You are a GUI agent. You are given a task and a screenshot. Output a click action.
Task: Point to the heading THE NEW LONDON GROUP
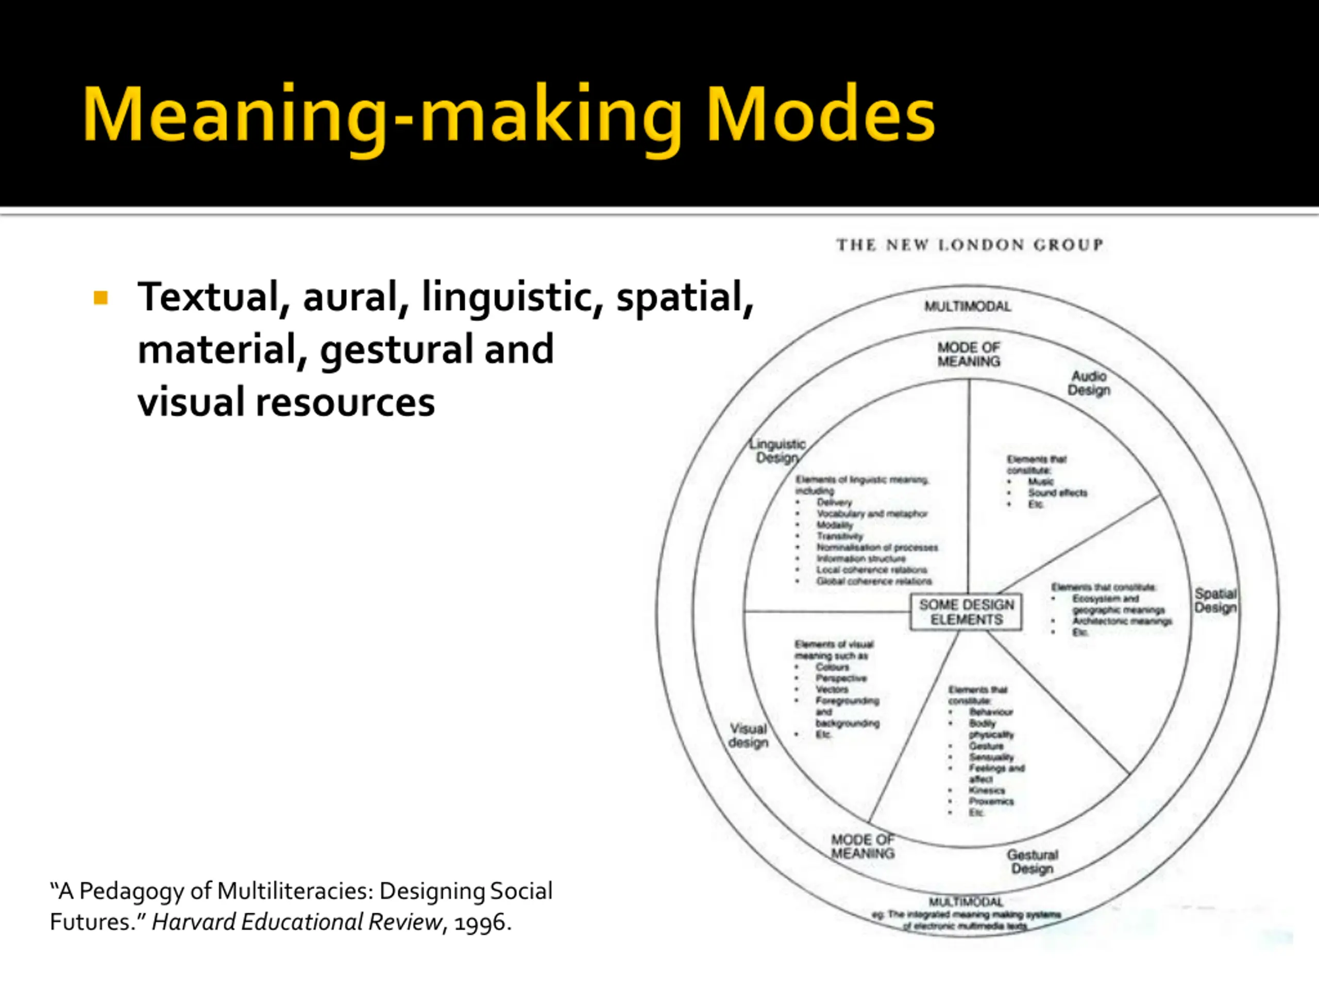point(970,245)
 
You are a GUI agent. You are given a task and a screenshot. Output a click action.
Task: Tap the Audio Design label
point(1089,383)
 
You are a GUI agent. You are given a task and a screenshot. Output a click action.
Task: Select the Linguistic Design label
point(777,451)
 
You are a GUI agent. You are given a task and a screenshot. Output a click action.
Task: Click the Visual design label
point(748,736)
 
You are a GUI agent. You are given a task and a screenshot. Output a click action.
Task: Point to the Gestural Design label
point(1032,861)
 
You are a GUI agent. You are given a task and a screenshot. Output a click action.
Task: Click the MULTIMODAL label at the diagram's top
point(968,306)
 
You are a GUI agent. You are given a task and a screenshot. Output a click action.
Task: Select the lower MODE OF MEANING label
point(863,846)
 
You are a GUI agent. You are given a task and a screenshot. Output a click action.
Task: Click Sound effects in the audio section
point(1057,493)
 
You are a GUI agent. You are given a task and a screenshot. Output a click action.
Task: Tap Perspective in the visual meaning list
point(841,678)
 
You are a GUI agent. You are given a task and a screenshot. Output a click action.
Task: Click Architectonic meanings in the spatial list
point(1122,621)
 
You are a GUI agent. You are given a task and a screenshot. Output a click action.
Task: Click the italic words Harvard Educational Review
point(297,922)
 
